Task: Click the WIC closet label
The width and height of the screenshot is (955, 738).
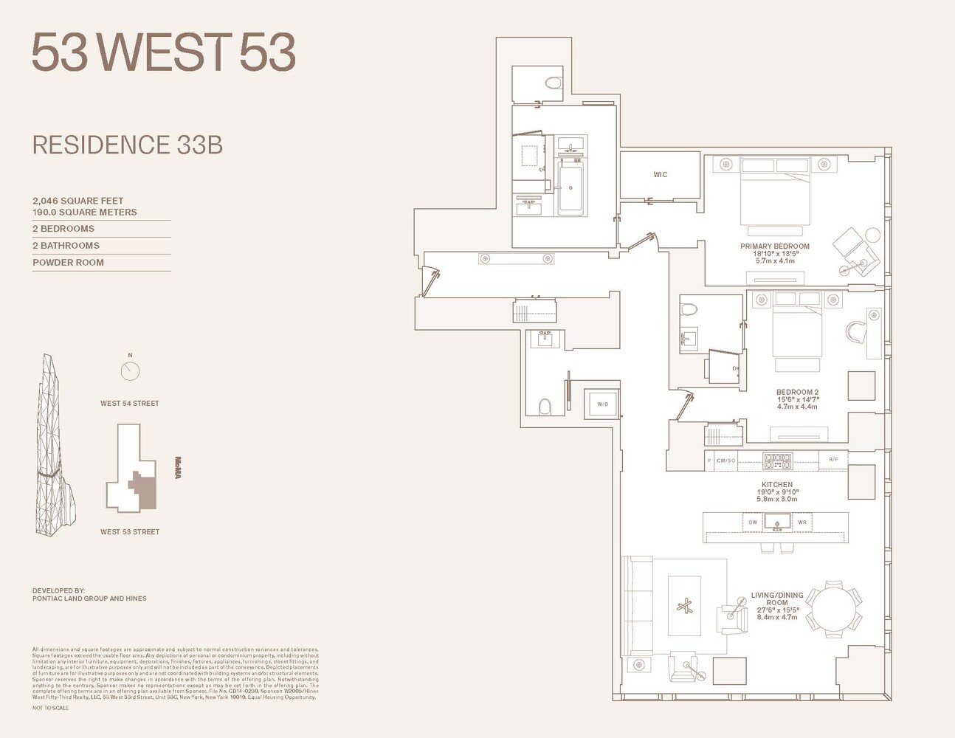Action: pyautogui.click(x=660, y=175)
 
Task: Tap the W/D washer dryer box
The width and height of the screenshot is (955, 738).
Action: pyautogui.click(x=602, y=404)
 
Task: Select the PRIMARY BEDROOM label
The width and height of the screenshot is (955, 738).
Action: pyautogui.click(x=775, y=246)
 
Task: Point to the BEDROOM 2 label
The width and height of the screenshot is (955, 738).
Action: pyautogui.click(x=797, y=393)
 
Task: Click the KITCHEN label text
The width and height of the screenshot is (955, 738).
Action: pyautogui.click(x=777, y=485)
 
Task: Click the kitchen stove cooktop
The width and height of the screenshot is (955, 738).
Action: pyautogui.click(x=776, y=461)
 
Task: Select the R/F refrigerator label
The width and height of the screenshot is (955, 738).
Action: pyautogui.click(x=833, y=460)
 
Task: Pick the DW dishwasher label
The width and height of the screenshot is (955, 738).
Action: pyautogui.click(x=753, y=523)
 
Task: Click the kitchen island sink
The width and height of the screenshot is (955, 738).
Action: pyautogui.click(x=777, y=523)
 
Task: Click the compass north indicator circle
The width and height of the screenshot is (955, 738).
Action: pyautogui.click(x=130, y=370)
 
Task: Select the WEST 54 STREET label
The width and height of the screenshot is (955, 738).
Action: pyautogui.click(x=130, y=404)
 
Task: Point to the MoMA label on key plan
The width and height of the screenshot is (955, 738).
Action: pyautogui.click(x=178, y=468)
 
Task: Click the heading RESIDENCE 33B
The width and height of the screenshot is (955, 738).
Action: pyautogui.click(x=127, y=145)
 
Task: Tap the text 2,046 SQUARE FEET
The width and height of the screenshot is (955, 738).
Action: pyautogui.click(x=77, y=201)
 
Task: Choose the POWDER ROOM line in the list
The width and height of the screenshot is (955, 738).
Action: pyautogui.click(x=68, y=263)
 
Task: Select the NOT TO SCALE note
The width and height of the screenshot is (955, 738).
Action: pyautogui.click(x=50, y=708)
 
